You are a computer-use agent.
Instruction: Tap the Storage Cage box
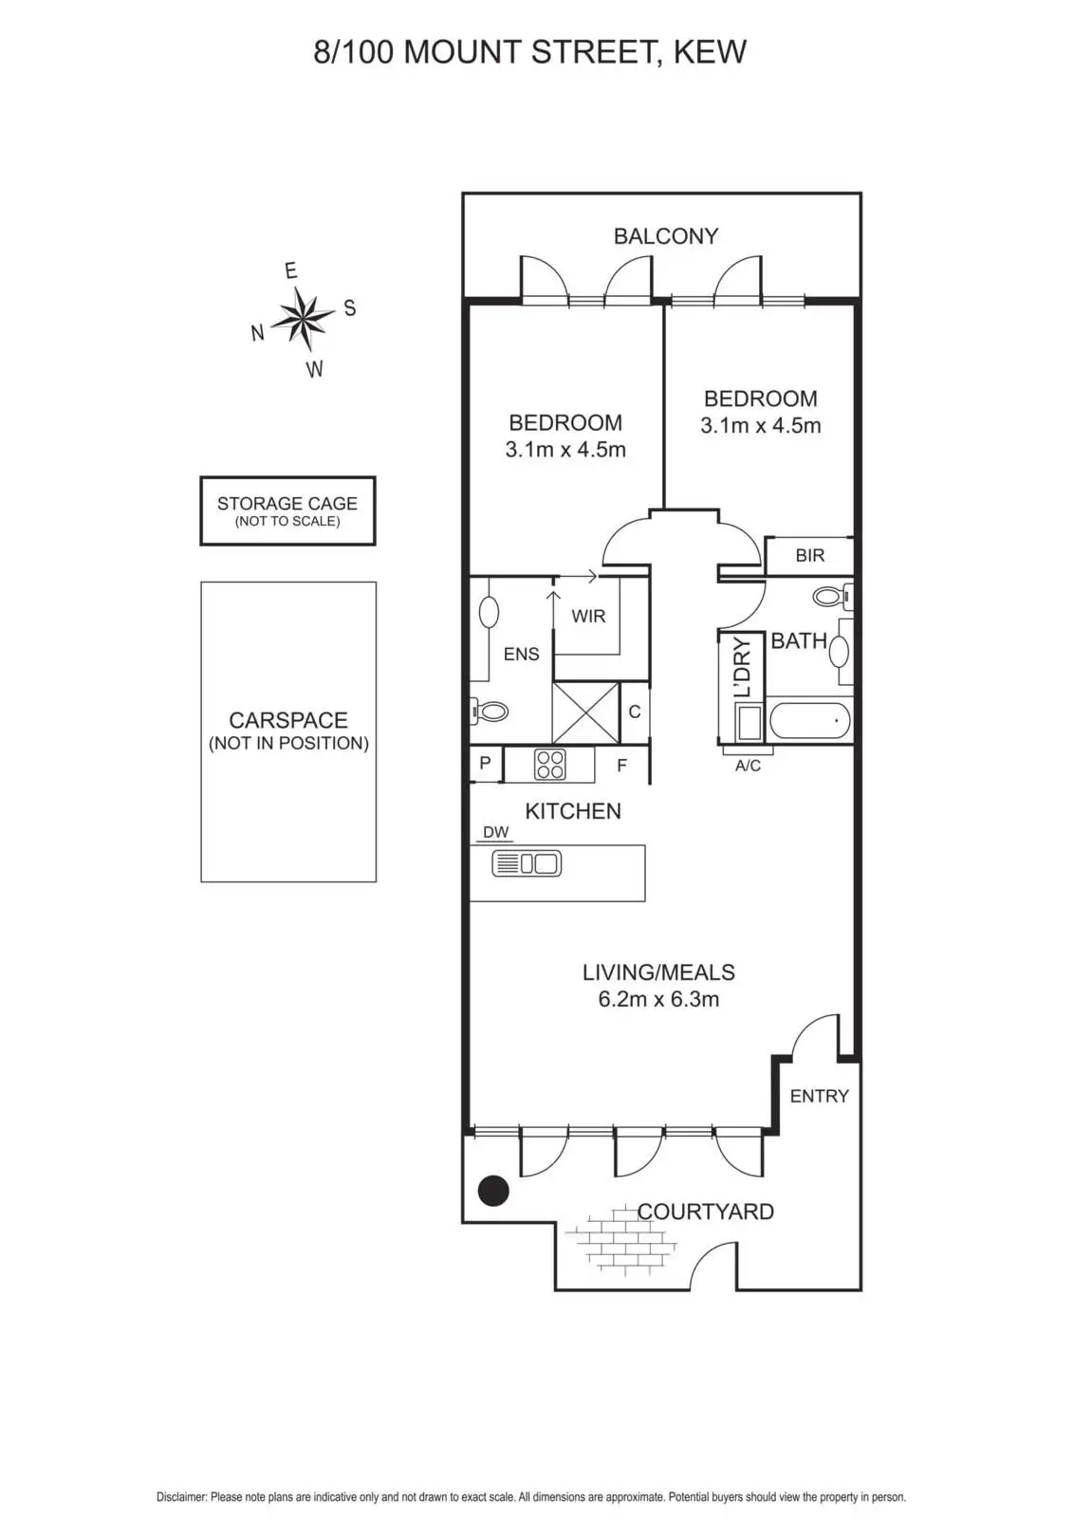[287, 510]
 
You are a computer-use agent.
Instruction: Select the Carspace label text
[288, 721]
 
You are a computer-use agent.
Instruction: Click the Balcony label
[665, 236]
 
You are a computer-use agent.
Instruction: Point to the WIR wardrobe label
[588, 617]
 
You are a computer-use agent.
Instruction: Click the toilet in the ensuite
[490, 710]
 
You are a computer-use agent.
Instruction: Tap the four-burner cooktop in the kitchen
[550, 764]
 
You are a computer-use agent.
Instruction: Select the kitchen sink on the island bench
[527, 863]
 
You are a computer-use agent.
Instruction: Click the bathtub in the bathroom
[809, 721]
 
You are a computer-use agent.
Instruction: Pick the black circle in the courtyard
[493, 1190]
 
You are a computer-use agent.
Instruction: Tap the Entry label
[819, 1096]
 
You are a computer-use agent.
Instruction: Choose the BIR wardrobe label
[809, 556]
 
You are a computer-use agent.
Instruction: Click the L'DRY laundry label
[743, 667]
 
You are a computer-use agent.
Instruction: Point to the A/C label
[748, 766]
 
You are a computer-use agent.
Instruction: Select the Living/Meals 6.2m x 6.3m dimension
[658, 999]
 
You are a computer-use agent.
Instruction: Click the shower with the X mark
[585, 713]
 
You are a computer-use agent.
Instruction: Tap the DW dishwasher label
[495, 832]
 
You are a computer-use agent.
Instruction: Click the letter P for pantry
[485, 763]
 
